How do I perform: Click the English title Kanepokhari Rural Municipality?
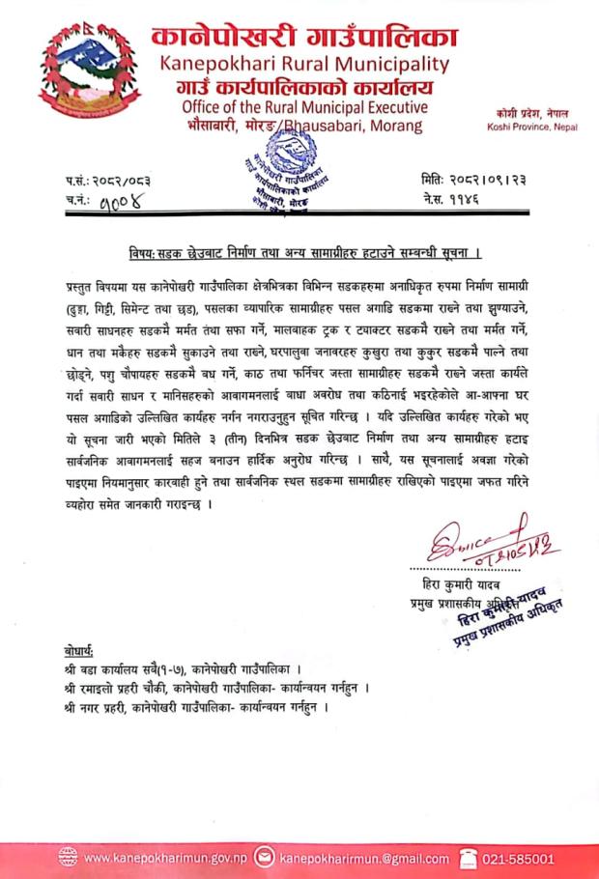click(x=305, y=65)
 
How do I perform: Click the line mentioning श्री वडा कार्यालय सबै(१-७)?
click(x=191, y=667)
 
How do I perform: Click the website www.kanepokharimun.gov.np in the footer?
click(x=166, y=857)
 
